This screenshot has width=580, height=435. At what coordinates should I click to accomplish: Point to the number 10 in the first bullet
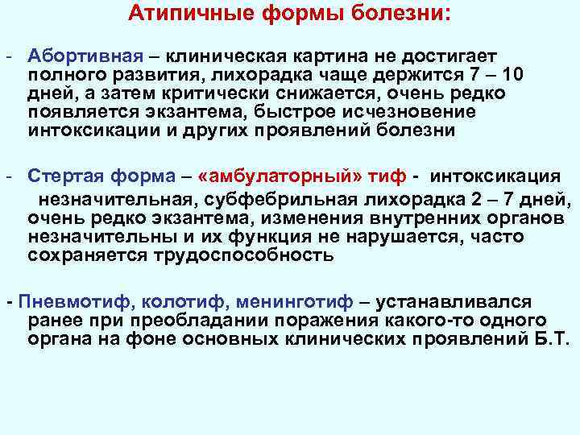tap(513, 75)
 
